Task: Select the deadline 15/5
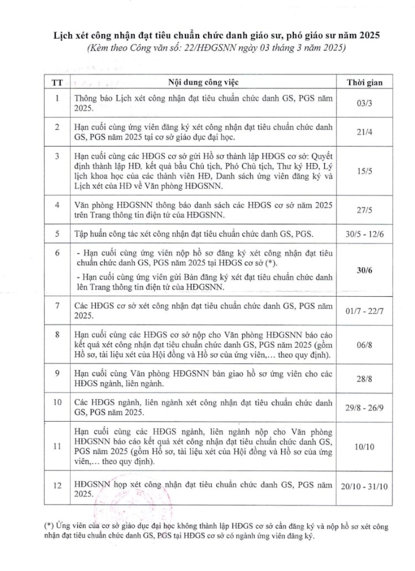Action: (364, 172)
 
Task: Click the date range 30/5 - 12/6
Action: (364, 233)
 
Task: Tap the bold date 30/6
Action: (364, 269)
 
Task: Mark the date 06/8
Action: (364, 343)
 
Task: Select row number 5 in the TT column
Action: (57, 233)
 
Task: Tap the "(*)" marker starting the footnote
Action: (32, 526)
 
